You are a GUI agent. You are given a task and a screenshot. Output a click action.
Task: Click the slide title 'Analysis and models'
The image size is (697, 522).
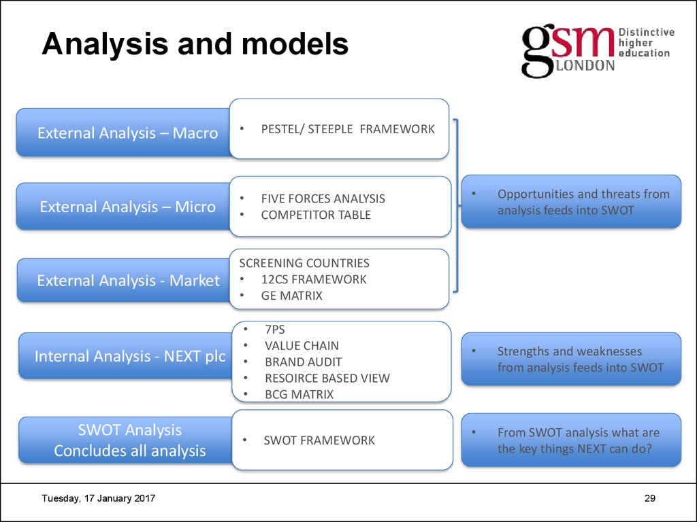click(195, 44)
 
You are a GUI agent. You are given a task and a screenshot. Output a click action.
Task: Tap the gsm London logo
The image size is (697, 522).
click(598, 52)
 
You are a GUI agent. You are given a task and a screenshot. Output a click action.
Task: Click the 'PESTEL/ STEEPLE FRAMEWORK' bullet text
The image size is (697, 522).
click(348, 129)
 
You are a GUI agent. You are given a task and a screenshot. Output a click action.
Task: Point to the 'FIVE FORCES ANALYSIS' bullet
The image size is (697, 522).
click(323, 198)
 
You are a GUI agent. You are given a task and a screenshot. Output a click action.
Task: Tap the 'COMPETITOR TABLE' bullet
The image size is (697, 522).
click(316, 215)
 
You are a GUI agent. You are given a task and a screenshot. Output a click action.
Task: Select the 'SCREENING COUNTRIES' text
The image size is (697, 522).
click(304, 263)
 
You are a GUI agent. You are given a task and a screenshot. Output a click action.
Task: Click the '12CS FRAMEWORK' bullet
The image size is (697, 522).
click(313, 279)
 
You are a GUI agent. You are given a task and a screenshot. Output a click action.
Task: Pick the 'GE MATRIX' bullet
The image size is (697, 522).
click(291, 296)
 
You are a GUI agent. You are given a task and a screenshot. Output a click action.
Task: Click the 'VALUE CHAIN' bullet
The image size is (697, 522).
click(302, 346)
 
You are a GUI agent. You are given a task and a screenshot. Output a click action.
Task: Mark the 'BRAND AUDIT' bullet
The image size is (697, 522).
click(303, 362)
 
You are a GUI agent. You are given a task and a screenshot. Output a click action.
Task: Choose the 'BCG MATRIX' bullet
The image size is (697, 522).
click(299, 395)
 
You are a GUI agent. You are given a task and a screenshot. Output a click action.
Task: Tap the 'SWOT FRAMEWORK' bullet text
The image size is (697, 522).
click(319, 440)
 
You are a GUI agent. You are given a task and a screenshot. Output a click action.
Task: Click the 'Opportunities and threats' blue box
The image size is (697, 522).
click(571, 201)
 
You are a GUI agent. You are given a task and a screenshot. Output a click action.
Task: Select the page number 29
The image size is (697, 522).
click(650, 498)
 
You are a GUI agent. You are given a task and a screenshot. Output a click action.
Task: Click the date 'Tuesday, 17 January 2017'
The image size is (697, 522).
click(98, 498)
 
